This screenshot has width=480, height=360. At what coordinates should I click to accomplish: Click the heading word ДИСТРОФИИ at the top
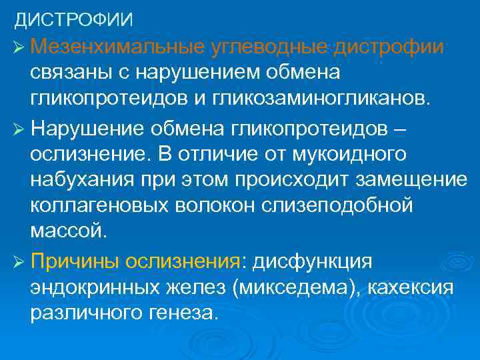tap(74, 19)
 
